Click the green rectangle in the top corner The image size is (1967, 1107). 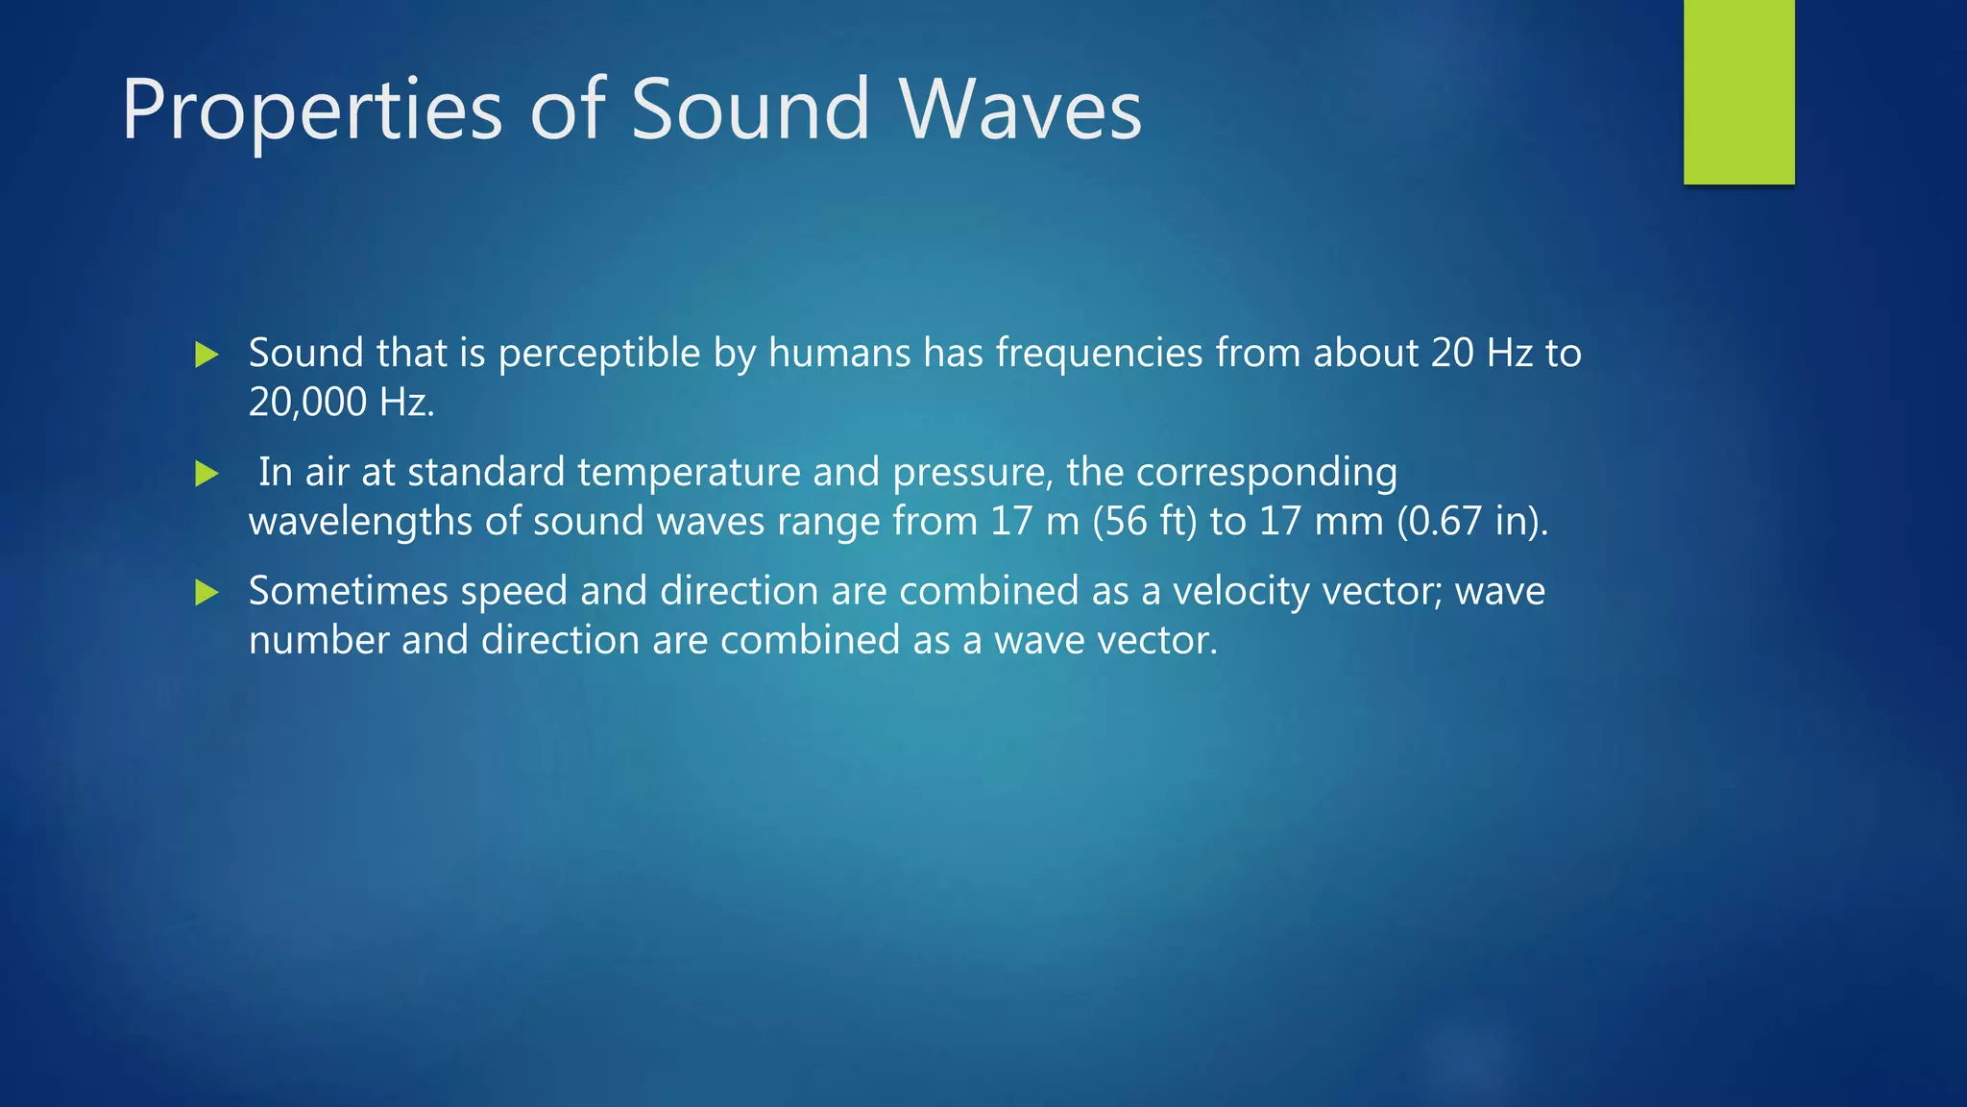(1738, 92)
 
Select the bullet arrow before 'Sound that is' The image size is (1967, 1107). (206, 355)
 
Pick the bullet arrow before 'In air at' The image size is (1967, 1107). (206, 474)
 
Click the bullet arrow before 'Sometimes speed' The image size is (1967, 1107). (206, 592)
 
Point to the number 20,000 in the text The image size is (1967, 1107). (307, 402)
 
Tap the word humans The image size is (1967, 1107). (838, 353)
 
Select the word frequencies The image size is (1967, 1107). (1099, 354)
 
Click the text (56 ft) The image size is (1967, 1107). (1144, 522)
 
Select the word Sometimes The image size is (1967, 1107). (348, 591)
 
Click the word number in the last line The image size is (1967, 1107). (319, 640)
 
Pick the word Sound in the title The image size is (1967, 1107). (750, 110)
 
